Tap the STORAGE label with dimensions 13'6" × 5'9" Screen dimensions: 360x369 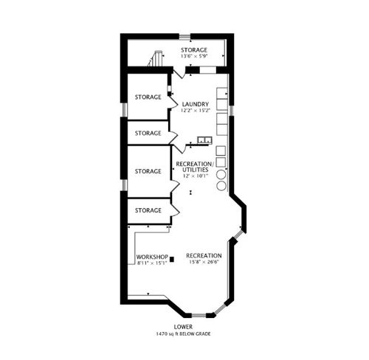[195, 50]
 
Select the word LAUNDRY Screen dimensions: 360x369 [196, 104]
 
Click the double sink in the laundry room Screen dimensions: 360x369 [204, 139]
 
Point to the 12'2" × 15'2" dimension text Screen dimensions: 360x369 [196, 111]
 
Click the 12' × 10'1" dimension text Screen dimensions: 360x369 [196, 176]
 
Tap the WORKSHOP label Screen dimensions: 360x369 [154, 256]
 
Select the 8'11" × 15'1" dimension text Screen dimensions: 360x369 [154, 263]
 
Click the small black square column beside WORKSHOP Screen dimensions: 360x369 [171, 259]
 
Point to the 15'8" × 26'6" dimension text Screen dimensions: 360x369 [204, 262]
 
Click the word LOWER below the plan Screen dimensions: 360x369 [184, 327]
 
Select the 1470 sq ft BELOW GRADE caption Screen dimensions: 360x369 [184, 333]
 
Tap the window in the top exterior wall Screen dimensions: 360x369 [208, 70]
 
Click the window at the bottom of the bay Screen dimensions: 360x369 [199, 316]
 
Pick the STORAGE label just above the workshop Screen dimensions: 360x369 [148, 210]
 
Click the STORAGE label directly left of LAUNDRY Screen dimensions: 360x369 [148, 97]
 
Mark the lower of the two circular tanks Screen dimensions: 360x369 [221, 186]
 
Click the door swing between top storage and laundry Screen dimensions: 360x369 [178, 75]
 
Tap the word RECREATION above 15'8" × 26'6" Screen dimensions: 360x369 [204, 255]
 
